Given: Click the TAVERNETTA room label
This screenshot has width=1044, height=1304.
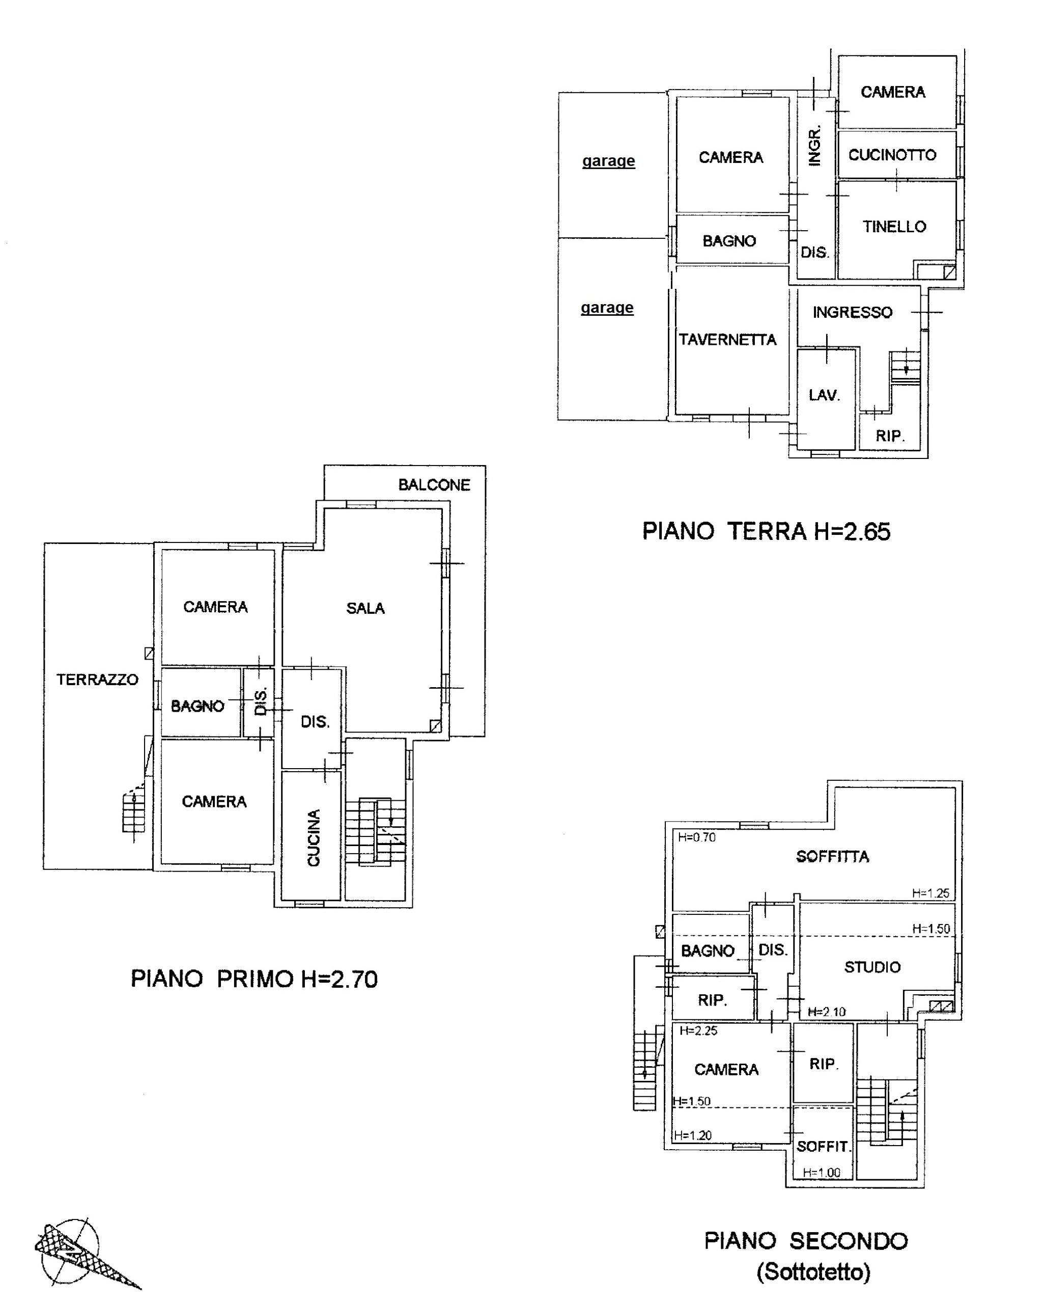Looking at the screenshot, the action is (x=727, y=339).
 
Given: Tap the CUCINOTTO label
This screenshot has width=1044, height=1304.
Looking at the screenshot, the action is (x=892, y=155).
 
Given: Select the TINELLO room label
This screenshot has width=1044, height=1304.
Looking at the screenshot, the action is (x=895, y=227).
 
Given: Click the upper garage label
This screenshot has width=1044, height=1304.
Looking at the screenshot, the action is (x=609, y=161).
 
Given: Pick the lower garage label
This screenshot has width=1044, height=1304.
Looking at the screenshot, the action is (x=607, y=308).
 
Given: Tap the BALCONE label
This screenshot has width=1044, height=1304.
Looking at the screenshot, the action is (x=434, y=485).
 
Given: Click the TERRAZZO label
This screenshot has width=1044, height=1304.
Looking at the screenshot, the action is (x=97, y=680).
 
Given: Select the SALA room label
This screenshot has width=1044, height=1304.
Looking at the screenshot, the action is (x=365, y=609).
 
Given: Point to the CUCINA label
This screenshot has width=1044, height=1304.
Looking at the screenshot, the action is (x=313, y=838).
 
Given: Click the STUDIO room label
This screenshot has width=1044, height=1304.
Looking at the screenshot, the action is (x=872, y=967).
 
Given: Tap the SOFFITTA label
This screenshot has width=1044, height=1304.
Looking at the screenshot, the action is (x=832, y=856).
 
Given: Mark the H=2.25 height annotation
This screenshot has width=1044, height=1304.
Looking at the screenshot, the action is (x=698, y=1030).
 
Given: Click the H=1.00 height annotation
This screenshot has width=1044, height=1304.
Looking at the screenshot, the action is (x=822, y=1173).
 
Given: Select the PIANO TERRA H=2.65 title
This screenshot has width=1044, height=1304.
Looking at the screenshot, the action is (x=766, y=531).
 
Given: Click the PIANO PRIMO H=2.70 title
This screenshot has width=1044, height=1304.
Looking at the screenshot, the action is (x=255, y=979).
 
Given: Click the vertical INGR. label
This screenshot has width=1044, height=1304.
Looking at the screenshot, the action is (x=814, y=146).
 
